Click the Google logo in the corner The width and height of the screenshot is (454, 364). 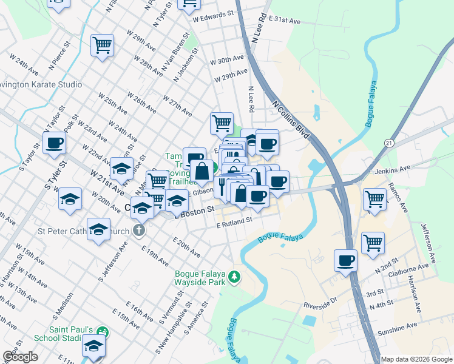(x=21, y=357)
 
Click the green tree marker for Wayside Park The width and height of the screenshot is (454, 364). (x=235, y=278)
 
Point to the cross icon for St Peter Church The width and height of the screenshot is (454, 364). (x=139, y=231)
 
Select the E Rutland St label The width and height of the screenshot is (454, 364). (x=234, y=223)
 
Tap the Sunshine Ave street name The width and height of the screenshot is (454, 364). (x=398, y=328)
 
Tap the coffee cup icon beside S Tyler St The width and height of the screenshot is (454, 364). (x=55, y=143)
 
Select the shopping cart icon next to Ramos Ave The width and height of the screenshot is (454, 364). (x=374, y=198)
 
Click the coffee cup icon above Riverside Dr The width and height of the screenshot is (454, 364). (x=346, y=260)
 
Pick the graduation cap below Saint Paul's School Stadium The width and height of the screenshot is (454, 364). (x=93, y=345)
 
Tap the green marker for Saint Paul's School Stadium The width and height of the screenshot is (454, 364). (x=103, y=332)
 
